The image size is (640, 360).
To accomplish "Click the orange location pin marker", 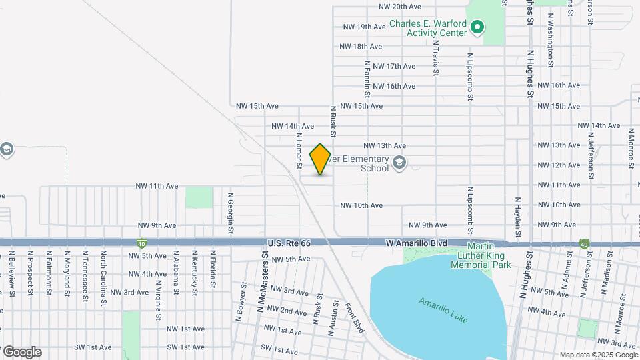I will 321,159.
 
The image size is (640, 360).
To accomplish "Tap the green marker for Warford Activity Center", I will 477,27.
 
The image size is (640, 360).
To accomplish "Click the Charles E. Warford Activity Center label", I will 427,27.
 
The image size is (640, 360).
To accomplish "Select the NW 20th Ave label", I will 399,7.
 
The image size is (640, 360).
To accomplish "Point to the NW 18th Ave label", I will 361,47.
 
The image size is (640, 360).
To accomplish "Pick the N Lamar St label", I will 299,150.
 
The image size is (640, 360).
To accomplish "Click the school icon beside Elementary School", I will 399,163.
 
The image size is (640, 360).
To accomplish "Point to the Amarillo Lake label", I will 443,311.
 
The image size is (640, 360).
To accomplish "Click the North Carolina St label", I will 103,277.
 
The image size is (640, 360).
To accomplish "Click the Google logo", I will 22,352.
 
